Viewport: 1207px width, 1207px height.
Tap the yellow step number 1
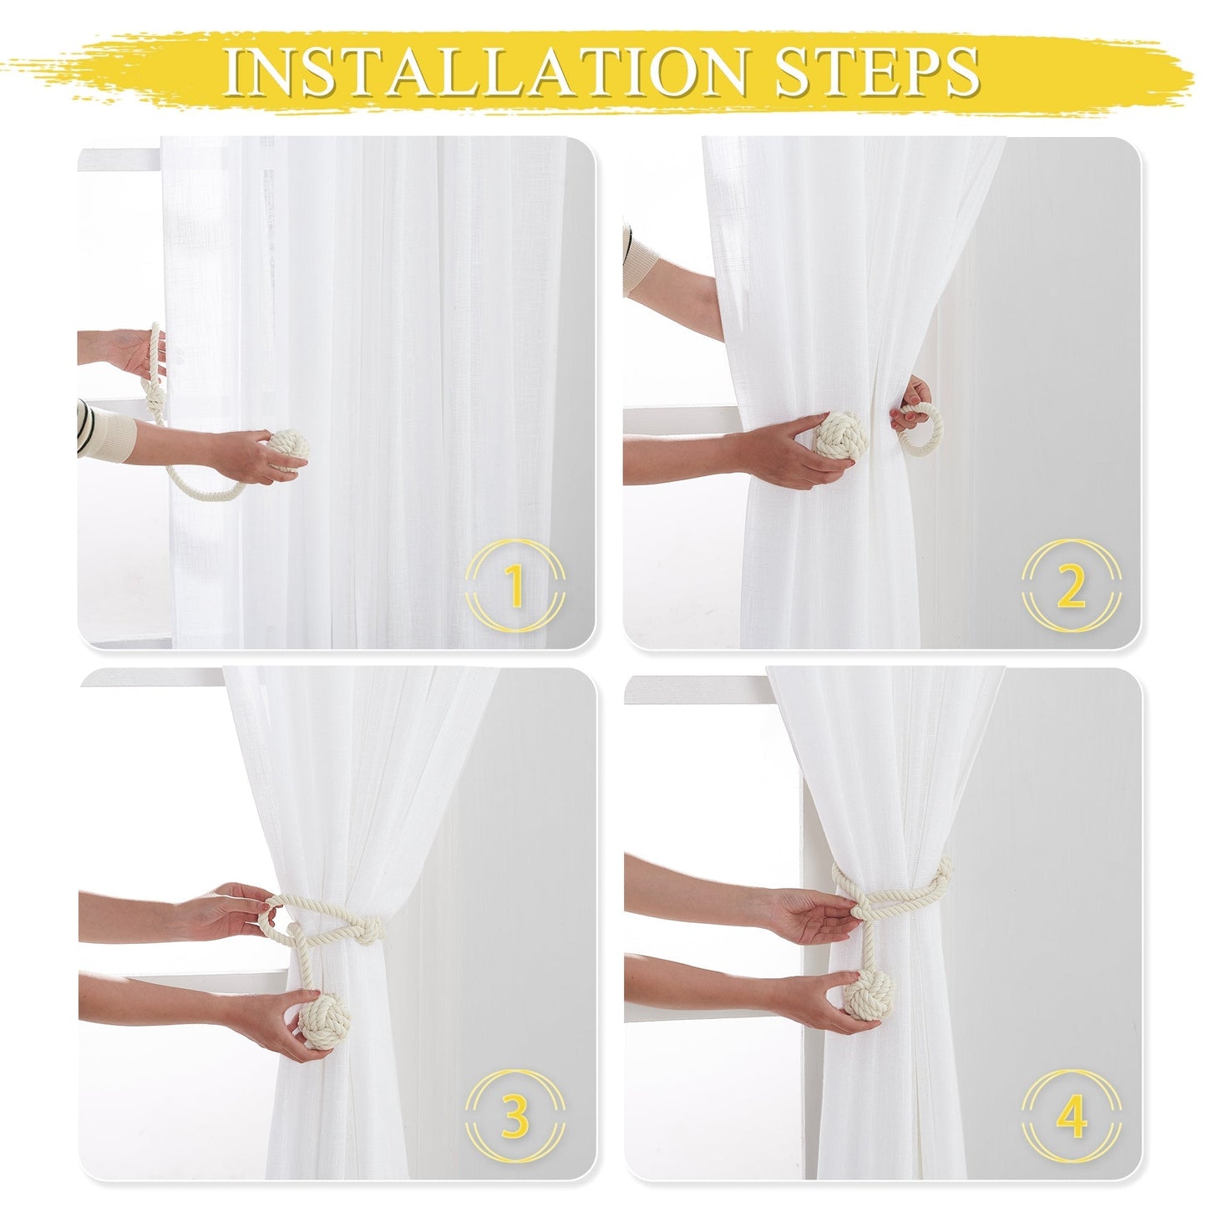click(515, 585)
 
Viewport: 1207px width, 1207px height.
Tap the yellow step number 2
click(1071, 585)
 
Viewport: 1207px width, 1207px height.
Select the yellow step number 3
click(515, 1116)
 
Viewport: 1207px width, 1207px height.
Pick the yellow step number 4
click(1071, 1116)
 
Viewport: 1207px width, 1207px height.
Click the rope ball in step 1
click(287, 448)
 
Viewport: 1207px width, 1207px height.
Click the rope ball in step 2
click(840, 434)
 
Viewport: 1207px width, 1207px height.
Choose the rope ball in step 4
click(869, 996)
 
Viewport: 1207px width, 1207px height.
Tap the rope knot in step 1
click(155, 393)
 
